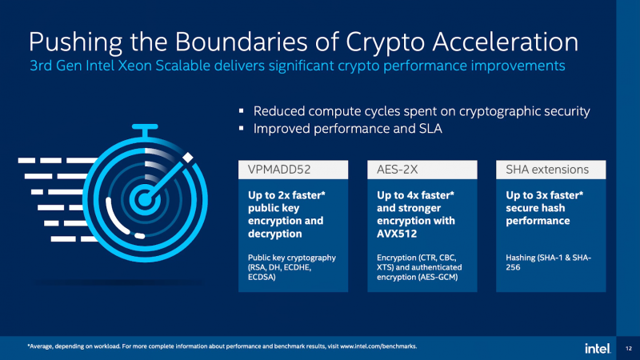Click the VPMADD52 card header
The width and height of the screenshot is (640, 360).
pos(293,170)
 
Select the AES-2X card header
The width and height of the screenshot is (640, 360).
pos(422,170)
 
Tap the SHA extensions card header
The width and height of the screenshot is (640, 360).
pos(551,170)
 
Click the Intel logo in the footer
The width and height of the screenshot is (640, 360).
pos(598,348)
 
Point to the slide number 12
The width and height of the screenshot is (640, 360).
pos(629,348)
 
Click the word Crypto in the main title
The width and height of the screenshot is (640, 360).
pos(385,42)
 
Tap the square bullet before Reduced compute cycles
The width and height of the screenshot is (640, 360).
pos(242,110)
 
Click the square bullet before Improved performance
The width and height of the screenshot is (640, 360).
pos(242,128)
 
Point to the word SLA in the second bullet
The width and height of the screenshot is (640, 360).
pos(430,129)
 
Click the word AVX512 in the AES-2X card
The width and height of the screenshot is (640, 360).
pos(397,234)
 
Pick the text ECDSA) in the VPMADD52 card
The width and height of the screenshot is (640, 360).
pos(262,277)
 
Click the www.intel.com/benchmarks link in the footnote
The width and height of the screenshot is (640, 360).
pos(378,346)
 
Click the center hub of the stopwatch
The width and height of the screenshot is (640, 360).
pos(144,199)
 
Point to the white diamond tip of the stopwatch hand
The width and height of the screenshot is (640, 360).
pos(188,158)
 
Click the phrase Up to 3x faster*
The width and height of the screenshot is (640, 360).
pos(545,195)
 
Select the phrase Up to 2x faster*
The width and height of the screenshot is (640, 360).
pos(286,195)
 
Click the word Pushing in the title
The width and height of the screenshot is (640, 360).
pos(75,42)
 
